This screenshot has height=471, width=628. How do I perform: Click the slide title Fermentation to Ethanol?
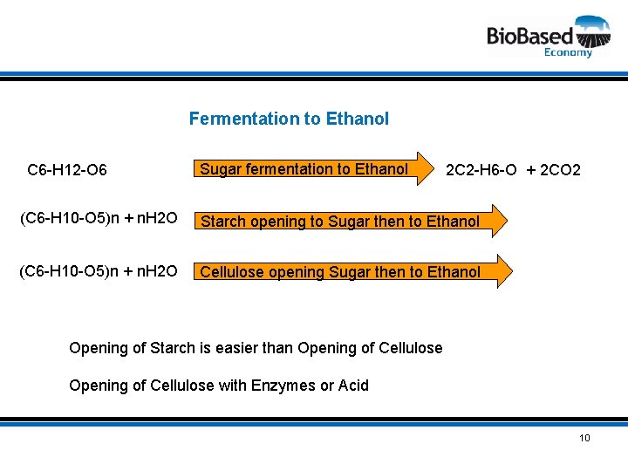tap(289, 119)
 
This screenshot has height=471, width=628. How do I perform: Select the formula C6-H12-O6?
tap(67, 170)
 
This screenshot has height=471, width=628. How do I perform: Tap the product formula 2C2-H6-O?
tap(482, 170)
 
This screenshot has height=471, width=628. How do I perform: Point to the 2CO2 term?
tap(561, 170)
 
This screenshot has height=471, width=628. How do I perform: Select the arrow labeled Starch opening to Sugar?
tap(349, 222)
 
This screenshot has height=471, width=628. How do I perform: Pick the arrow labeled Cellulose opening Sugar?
tap(349, 272)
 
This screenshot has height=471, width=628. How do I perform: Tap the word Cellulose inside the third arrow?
tap(232, 272)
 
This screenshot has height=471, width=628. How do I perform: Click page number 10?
tap(584, 437)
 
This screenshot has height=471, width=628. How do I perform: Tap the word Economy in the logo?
tap(568, 52)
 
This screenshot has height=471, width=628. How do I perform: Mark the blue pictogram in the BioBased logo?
tap(592, 31)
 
